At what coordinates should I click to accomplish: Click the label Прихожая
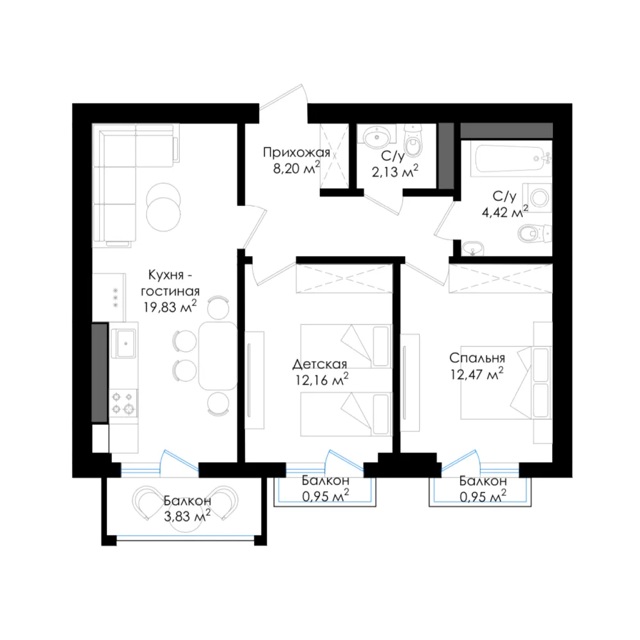(x=296, y=153)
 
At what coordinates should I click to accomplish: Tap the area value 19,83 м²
(x=170, y=306)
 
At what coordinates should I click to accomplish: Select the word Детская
(x=319, y=364)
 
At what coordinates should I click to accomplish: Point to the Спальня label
(x=477, y=358)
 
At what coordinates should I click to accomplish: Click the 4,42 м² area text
(x=505, y=212)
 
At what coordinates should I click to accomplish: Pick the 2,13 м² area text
(x=395, y=171)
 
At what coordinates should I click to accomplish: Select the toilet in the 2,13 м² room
(x=413, y=141)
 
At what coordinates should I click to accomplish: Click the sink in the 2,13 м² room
(x=376, y=137)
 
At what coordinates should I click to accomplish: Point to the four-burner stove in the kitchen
(x=123, y=403)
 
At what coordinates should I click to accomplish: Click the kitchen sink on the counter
(x=124, y=343)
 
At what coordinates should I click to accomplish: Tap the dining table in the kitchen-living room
(x=218, y=355)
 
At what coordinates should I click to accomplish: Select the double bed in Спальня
(x=506, y=383)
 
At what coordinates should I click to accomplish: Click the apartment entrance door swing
(x=285, y=97)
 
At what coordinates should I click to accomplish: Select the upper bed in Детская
(x=346, y=346)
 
